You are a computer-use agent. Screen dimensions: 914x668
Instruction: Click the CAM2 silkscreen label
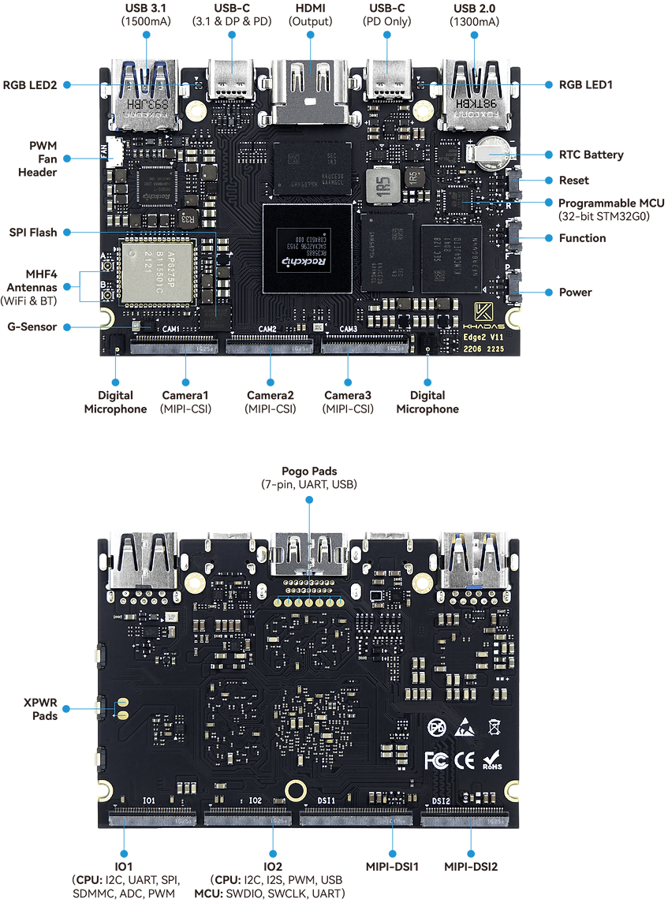click(267, 329)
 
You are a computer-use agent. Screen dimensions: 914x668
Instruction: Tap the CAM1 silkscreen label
click(171, 329)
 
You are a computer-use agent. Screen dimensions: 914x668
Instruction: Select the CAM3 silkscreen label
click(349, 329)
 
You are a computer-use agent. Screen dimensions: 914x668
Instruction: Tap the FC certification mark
click(436, 760)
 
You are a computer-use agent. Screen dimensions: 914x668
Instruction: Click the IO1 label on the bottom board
click(147, 800)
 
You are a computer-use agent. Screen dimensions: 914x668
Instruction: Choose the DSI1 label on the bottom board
click(327, 800)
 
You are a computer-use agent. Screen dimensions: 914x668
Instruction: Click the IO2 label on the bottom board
click(255, 800)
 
